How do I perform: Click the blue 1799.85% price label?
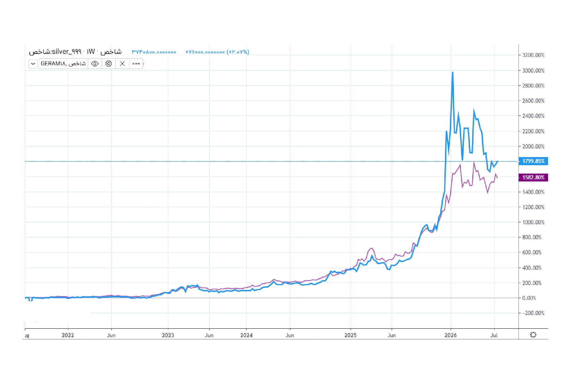(533, 161)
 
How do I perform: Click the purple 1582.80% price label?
(533, 177)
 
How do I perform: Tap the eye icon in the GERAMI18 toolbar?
(95, 64)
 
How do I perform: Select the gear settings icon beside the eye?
(109, 64)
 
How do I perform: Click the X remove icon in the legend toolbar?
(122, 64)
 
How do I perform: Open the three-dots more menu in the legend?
(136, 64)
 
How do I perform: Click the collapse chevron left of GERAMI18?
(33, 64)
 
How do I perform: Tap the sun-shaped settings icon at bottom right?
(533, 335)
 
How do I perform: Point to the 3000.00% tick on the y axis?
(533, 71)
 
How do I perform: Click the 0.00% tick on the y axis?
(529, 298)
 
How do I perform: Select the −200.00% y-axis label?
(533, 313)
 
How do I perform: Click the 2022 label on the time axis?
(68, 335)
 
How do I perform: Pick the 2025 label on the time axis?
(350, 335)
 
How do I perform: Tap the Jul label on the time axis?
(494, 335)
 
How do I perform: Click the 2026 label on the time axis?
(451, 335)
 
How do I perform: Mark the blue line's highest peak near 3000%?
(452, 72)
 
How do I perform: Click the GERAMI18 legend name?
(63, 64)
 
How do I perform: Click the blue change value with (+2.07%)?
(217, 52)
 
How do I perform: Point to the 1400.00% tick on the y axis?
(533, 192)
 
